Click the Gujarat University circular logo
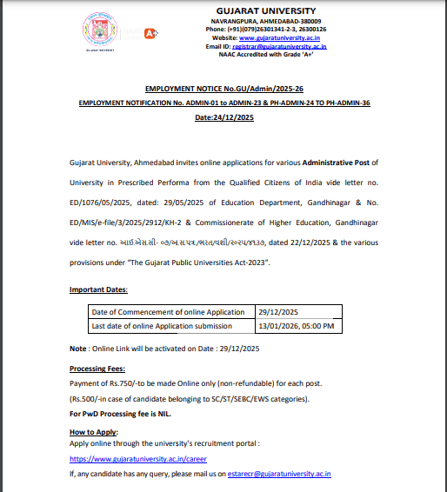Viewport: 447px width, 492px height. coord(102,33)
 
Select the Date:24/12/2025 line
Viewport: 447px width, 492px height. coord(223,116)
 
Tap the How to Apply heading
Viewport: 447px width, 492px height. coord(93,432)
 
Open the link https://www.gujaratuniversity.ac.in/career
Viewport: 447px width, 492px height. coord(137,458)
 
